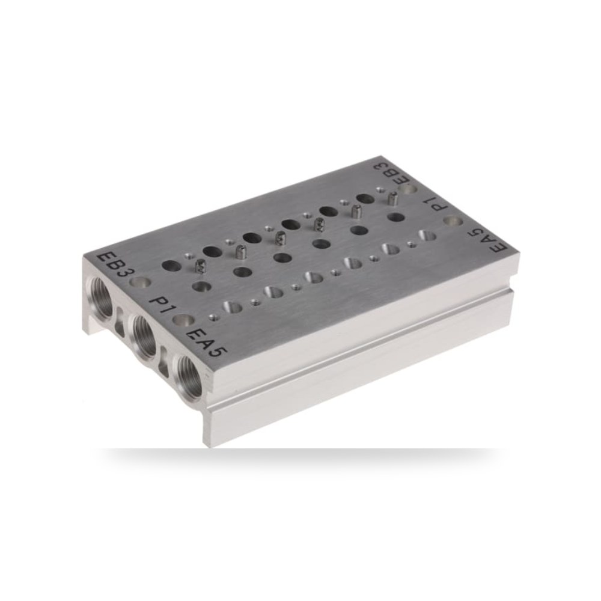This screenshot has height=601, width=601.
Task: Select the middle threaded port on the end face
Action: [144, 333]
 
